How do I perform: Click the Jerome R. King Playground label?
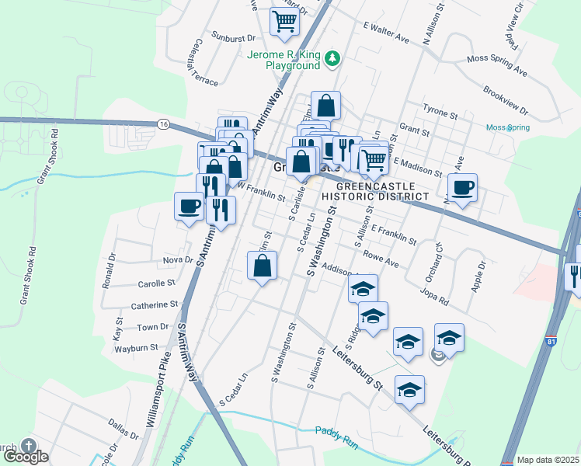tap(284, 61)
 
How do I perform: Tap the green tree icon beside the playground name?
tap(332, 57)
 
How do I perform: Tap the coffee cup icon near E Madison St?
tap(463, 187)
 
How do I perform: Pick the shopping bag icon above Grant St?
tap(326, 106)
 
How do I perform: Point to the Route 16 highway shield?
tap(162, 124)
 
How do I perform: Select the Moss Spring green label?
tap(507, 127)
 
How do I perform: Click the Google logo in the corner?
tap(26, 457)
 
